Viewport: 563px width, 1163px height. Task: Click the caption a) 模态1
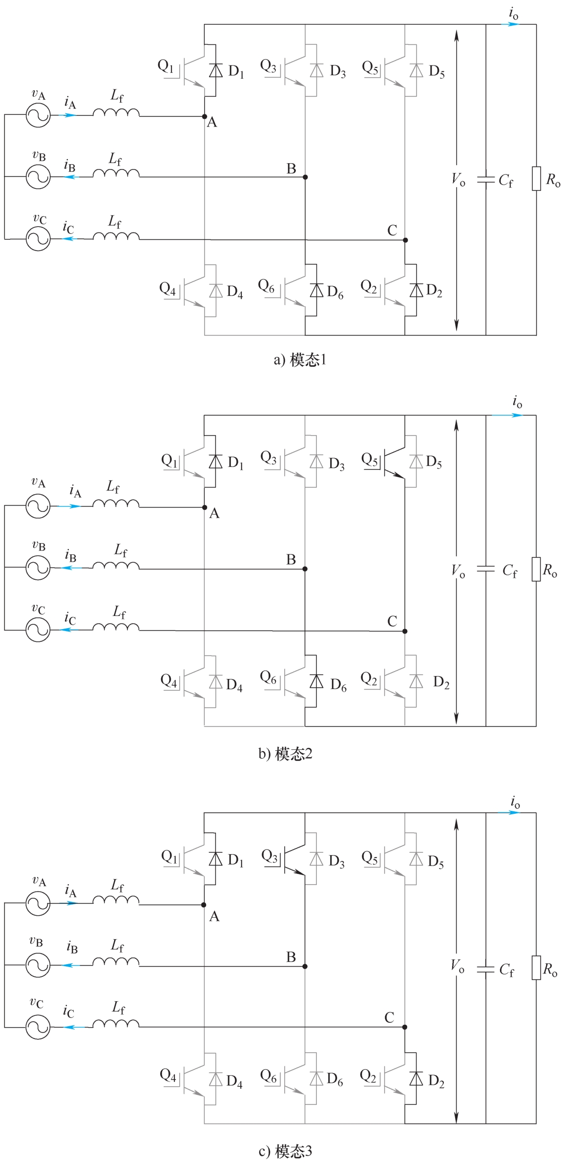300,360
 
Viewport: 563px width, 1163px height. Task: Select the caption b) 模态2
285,754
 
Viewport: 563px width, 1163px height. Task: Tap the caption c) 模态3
285,1151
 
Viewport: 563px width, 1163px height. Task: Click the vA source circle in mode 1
38,115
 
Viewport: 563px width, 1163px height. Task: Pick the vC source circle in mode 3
38,1027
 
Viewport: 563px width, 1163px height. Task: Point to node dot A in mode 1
205,116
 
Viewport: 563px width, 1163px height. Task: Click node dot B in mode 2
305,569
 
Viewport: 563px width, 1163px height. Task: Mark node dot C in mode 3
405,1027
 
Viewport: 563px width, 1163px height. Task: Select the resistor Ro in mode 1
536,178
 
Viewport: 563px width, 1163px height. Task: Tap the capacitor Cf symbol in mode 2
486,569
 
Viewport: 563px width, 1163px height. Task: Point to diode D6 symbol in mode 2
316,681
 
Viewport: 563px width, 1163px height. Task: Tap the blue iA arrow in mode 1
68,115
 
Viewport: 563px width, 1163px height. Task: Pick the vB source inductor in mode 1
116,173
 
